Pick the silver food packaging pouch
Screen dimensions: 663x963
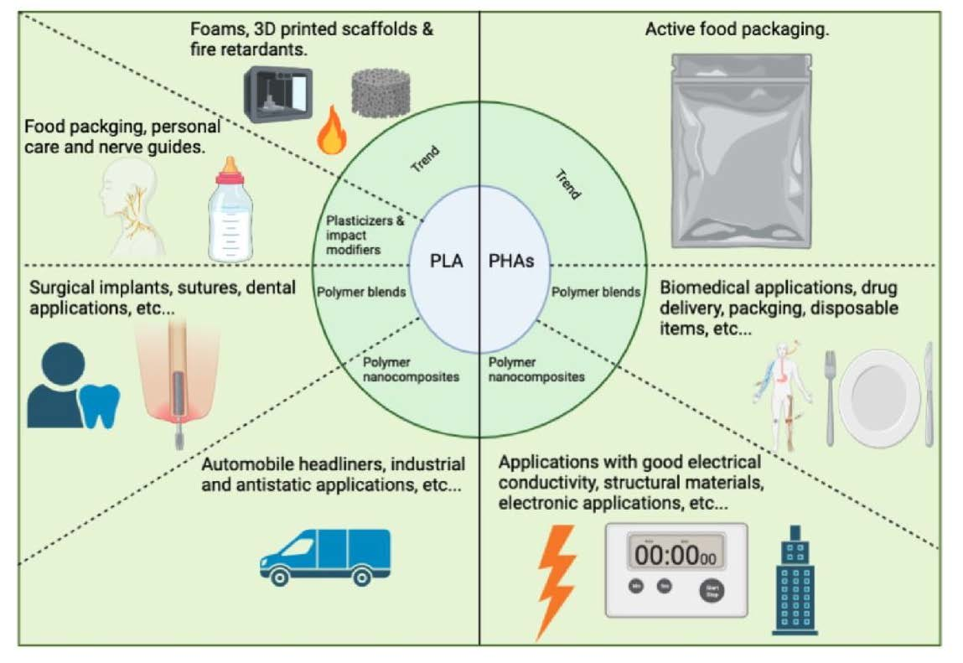[741, 142]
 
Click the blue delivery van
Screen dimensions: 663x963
[325, 557]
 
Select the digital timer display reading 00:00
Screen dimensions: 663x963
[676, 555]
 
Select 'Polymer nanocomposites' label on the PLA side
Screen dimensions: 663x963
[411, 369]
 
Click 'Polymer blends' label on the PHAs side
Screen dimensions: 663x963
[595, 292]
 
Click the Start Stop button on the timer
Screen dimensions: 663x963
[712, 590]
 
